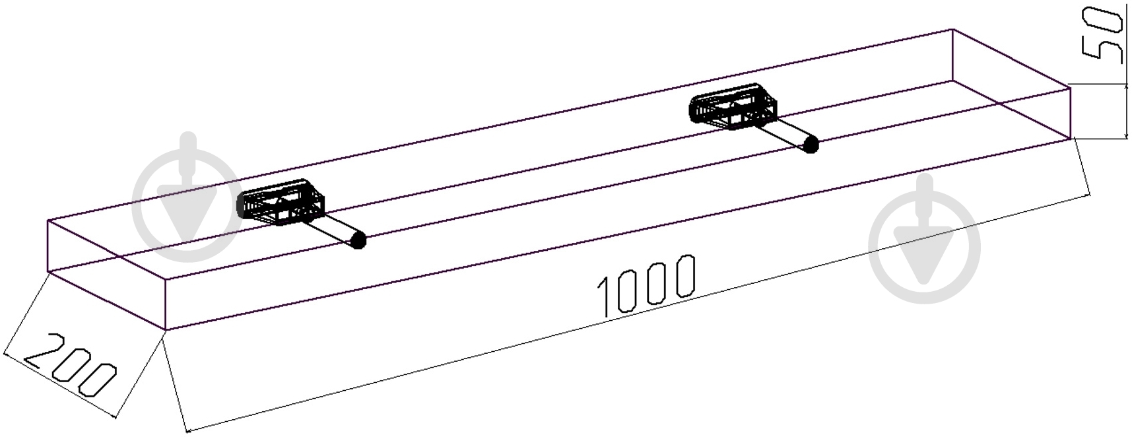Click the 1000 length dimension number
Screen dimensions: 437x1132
(647, 285)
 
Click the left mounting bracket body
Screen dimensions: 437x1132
(281, 203)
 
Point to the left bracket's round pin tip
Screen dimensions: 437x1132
(358, 240)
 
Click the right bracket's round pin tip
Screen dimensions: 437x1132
(811, 145)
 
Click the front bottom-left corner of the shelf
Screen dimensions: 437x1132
(165, 329)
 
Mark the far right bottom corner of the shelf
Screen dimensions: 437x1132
(1069, 138)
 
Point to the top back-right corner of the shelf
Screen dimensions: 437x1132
(952, 30)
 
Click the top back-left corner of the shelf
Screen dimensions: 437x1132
(48, 220)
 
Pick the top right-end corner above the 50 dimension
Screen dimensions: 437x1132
(1069, 85)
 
